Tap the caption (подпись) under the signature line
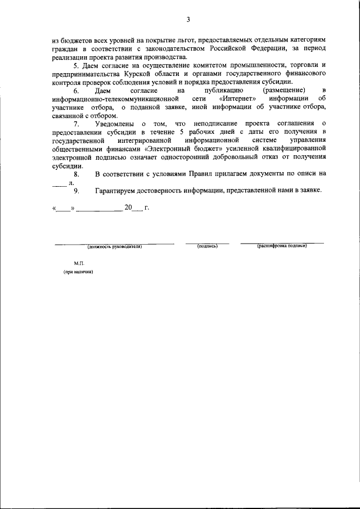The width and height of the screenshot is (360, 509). [207, 246]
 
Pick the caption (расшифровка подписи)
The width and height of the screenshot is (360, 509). [282, 246]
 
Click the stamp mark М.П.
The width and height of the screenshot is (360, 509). [78, 263]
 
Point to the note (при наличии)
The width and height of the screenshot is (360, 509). [78, 272]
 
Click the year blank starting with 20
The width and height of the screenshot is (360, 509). [132, 208]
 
